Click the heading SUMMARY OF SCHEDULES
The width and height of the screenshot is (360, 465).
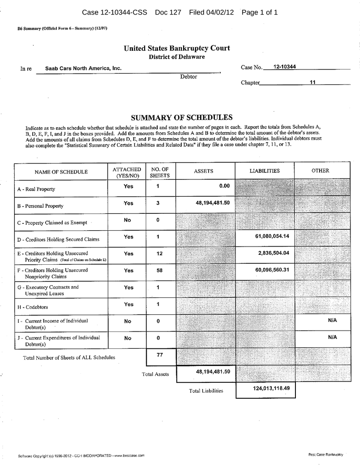(181, 117)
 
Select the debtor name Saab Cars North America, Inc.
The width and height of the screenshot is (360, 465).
(83, 68)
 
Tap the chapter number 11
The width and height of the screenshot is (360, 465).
(312, 83)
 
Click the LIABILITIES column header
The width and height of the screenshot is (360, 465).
(265, 171)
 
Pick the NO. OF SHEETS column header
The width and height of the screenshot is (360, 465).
(160, 172)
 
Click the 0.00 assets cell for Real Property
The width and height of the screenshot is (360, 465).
(224, 186)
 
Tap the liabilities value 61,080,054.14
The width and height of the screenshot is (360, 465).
(273, 237)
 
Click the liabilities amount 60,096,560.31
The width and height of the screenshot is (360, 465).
(273, 270)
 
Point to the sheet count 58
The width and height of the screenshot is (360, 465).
(159, 270)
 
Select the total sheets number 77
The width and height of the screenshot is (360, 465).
(159, 355)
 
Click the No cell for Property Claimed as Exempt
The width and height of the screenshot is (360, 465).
(128, 220)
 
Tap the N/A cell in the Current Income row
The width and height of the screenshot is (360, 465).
(332, 320)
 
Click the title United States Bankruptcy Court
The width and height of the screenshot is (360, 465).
(177, 48)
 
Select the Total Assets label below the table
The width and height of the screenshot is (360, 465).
(155, 374)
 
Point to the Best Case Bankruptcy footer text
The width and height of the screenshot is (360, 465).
(325, 454)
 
